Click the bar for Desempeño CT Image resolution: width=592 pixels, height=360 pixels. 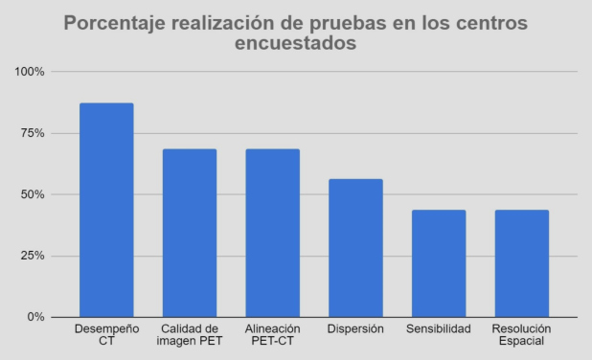coord(106,210)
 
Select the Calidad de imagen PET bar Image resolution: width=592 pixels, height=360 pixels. coord(190,233)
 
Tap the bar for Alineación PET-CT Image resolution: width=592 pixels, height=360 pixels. coord(273,233)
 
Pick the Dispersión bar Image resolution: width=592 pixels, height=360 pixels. coord(355,248)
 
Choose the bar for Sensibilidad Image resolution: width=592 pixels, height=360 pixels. coord(439,263)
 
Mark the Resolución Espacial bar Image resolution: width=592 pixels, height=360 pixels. coord(522,263)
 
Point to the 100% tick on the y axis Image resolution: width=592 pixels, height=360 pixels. coord(30,72)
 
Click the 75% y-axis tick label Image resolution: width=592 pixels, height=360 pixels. coord(33,133)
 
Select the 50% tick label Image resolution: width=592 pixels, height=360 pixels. coord(33,194)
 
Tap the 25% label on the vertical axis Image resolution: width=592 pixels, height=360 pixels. coord(33,256)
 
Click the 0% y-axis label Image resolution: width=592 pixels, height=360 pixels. coord(35,317)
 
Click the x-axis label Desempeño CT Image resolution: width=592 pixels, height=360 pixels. coord(106,335)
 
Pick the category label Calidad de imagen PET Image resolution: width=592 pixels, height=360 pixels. coord(190,335)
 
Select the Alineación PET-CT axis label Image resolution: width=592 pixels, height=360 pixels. coord(273,335)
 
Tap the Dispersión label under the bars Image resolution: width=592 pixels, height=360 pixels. coord(355,329)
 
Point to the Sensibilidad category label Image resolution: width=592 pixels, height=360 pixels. coord(439,329)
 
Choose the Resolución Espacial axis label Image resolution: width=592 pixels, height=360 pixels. coord(522,335)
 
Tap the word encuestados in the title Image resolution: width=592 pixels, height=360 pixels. coord(296,45)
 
